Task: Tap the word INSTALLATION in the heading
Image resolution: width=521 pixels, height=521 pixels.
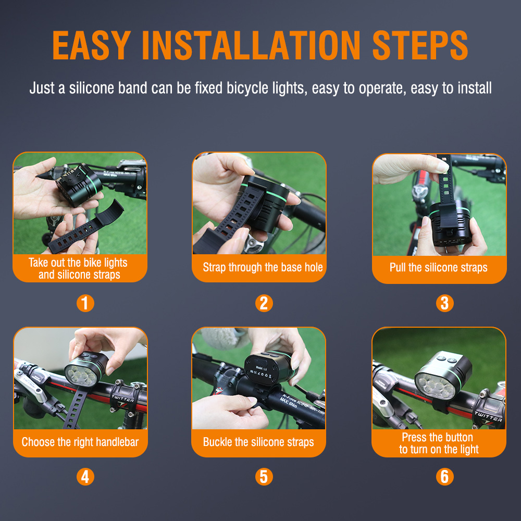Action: coord(251,45)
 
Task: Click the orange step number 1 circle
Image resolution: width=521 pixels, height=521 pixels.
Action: coord(85,303)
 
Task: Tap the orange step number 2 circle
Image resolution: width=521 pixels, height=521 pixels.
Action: coord(264,303)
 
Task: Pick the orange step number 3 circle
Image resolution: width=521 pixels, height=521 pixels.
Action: coord(444,303)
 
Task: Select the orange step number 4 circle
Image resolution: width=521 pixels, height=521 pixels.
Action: coord(85,476)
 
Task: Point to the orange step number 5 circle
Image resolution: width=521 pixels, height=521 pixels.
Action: coord(264,476)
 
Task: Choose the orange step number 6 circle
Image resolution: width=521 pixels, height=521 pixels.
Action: coord(444,476)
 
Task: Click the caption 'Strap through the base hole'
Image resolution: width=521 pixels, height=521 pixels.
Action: coord(263,268)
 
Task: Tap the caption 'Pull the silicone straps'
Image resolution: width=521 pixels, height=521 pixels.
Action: coord(439,268)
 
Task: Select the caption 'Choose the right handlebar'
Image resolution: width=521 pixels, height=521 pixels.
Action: coord(80,442)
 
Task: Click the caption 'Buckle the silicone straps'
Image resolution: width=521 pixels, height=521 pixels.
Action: coord(258,442)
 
